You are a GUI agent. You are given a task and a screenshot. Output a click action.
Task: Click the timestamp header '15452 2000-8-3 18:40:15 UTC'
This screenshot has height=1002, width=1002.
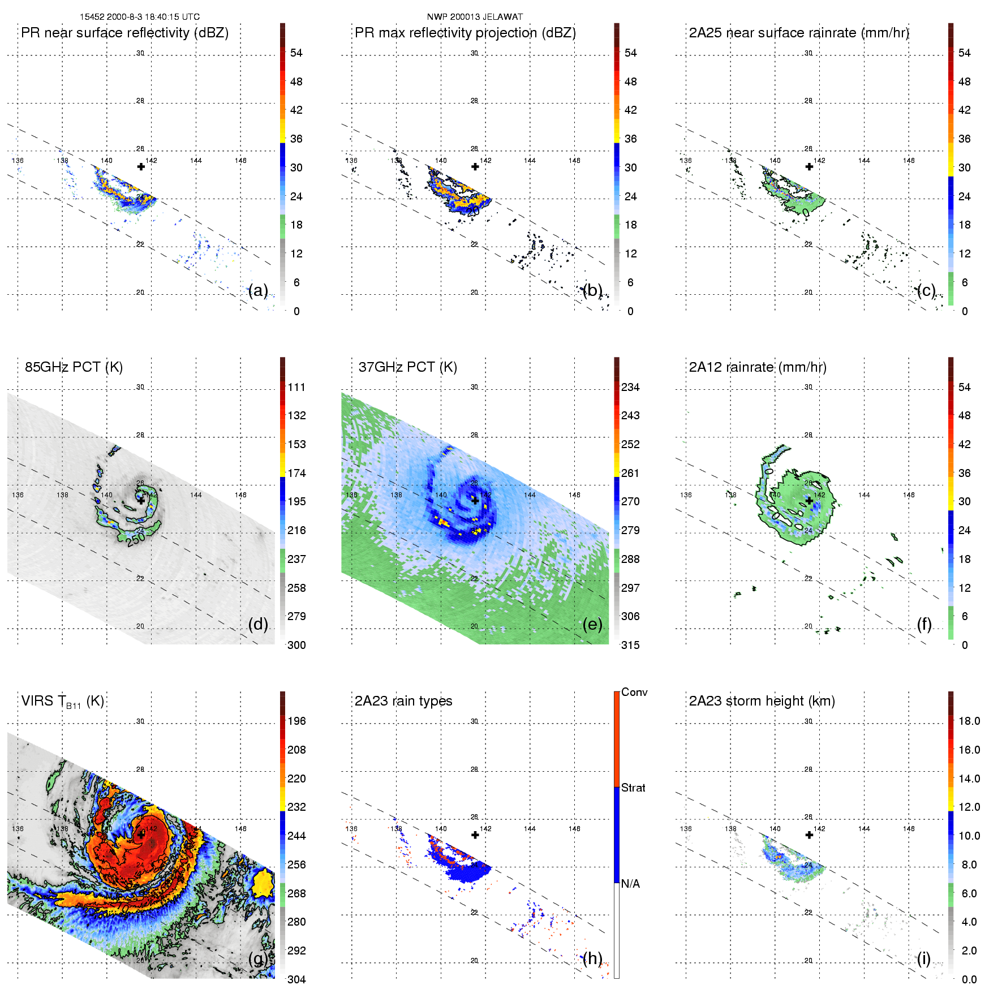pos(139,17)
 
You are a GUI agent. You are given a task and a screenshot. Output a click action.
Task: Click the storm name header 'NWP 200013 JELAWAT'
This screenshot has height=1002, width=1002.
pos(475,17)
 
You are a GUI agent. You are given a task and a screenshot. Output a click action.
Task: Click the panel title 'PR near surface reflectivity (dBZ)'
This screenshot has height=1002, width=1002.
pos(124,33)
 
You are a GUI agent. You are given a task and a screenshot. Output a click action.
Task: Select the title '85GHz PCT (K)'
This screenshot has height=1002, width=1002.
pos(74,367)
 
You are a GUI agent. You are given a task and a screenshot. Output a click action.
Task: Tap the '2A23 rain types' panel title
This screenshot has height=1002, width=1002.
pos(403,701)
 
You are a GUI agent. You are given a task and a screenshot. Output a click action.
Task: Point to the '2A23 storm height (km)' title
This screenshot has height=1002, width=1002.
pos(762,701)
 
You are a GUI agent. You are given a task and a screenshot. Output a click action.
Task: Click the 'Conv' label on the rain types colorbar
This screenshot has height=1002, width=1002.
pos(634,692)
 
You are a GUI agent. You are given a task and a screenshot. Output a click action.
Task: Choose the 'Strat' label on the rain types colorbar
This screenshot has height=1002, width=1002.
pos(633,788)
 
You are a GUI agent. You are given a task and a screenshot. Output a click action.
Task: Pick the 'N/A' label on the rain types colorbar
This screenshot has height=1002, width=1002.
pos(631,884)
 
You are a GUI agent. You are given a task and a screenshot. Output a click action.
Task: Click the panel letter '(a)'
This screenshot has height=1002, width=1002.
pos(258,290)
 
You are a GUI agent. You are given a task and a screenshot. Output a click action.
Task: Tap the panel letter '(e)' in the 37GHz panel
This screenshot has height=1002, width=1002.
pos(592,624)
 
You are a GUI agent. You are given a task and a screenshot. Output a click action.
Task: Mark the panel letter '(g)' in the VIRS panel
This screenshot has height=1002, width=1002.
pos(258,958)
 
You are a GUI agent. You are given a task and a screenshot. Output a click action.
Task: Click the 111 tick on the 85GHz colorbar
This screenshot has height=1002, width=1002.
pos(296,387)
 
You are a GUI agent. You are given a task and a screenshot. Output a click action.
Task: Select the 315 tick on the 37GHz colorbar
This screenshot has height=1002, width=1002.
pos(630,645)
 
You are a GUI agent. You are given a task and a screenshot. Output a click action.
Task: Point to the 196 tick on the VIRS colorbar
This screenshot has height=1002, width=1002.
pos(296,721)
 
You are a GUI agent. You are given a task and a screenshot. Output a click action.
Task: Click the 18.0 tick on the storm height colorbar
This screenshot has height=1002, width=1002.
pos(969,721)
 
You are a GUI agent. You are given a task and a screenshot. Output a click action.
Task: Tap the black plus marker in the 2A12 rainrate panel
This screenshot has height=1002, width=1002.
pos(810,501)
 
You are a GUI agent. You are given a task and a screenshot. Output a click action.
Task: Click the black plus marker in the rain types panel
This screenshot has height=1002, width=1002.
pos(475,835)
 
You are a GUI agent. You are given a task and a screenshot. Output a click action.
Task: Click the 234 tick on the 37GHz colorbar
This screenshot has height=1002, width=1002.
pos(630,387)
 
